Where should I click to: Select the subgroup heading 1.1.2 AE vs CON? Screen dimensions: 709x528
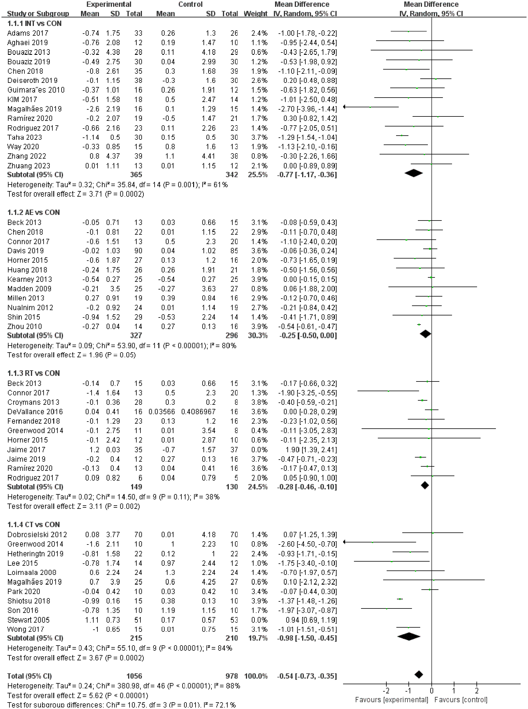tap(34, 213)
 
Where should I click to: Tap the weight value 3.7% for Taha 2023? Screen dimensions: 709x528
tap(259, 137)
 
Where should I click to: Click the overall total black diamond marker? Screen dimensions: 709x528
tap(418, 675)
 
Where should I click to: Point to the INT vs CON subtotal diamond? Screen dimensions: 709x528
tap(413, 173)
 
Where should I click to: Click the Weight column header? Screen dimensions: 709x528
tap(255, 14)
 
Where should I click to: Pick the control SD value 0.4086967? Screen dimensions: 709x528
tap(198, 412)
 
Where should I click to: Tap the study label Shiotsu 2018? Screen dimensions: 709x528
tap(29, 601)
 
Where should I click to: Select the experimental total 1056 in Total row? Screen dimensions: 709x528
tap(134, 676)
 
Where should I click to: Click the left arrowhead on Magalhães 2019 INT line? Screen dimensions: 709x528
tap(345, 107)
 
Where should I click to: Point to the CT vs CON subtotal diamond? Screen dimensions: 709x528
tap(408, 637)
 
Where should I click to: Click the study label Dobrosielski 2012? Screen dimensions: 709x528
tap(37, 535)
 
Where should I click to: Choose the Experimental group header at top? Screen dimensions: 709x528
tap(109, 4)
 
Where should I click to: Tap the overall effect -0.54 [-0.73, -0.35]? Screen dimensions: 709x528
tap(307, 676)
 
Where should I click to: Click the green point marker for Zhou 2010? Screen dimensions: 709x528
tap(419, 325)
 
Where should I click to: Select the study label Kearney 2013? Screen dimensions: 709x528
tap(29, 279)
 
